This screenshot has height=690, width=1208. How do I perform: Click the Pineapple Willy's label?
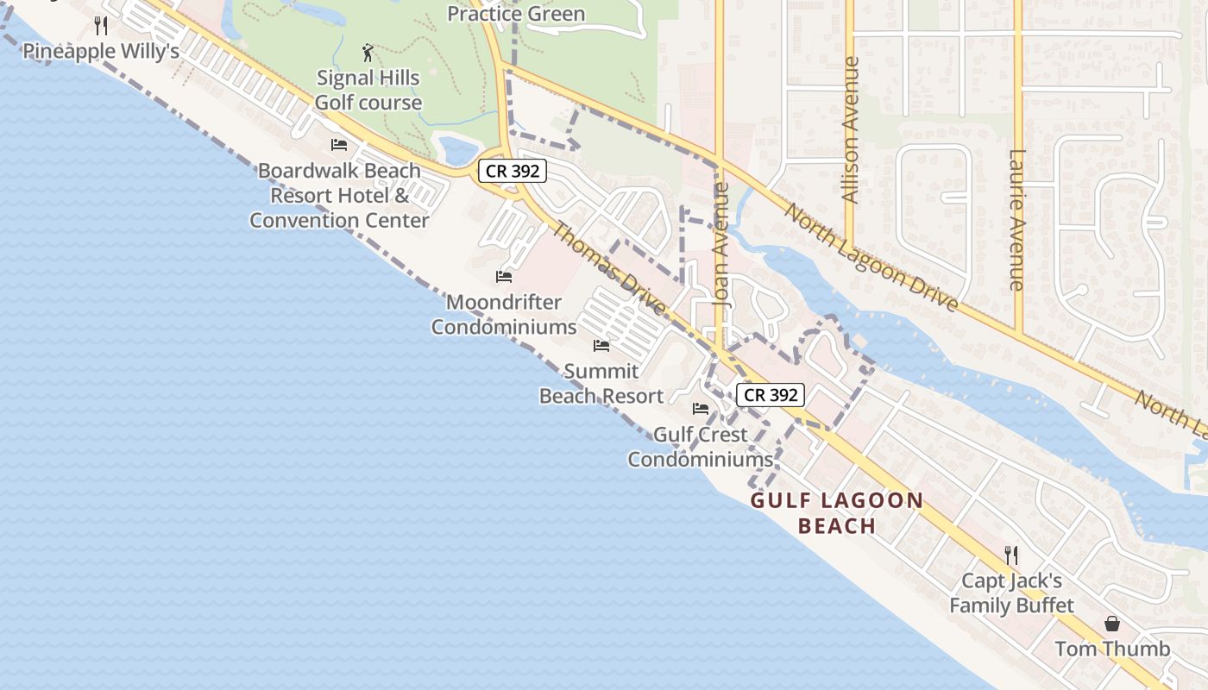pyautogui.click(x=101, y=51)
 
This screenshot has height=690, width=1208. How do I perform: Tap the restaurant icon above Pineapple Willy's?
pyautogui.click(x=101, y=26)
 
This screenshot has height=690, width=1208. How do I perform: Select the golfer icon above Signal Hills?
pyautogui.click(x=368, y=53)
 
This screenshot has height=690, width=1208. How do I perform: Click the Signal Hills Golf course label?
pyautogui.click(x=368, y=90)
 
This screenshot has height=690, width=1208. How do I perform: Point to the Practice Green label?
pyautogui.click(x=516, y=14)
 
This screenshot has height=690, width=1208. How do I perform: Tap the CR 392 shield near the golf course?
pyautogui.click(x=513, y=171)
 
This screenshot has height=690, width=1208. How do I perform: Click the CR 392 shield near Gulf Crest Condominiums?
pyautogui.click(x=771, y=395)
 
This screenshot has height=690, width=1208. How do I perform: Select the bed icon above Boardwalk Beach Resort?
pyautogui.click(x=339, y=144)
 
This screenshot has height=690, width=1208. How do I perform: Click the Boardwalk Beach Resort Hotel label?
pyautogui.click(x=339, y=195)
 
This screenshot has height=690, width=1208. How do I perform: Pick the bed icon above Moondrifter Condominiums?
pyautogui.click(x=504, y=277)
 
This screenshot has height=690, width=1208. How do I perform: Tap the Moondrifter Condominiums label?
pyautogui.click(x=504, y=315)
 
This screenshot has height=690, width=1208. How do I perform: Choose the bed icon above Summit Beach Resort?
pyautogui.click(x=601, y=346)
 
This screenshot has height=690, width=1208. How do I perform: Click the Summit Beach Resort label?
pyautogui.click(x=601, y=384)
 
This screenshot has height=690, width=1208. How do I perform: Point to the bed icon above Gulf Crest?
pyautogui.click(x=701, y=408)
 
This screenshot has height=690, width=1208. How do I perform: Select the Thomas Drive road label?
pyautogui.click(x=608, y=268)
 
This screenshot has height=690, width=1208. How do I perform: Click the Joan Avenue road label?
pyautogui.click(x=722, y=245)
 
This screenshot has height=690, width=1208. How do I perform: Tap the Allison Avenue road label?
pyautogui.click(x=851, y=130)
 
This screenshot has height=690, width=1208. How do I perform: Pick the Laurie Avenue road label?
pyautogui.click(x=1016, y=220)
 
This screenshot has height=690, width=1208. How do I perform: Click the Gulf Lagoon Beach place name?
pyautogui.click(x=837, y=513)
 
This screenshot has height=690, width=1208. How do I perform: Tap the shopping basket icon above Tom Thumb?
pyautogui.click(x=1113, y=624)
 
